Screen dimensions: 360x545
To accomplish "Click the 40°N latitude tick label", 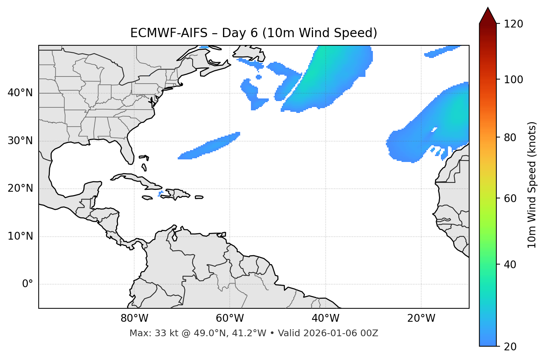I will tap(20, 93).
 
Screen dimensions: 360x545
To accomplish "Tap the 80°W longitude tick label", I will tap(134, 318).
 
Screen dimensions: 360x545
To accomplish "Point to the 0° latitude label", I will tap(28, 284).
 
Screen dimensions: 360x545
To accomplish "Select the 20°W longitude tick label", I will tap(421, 318).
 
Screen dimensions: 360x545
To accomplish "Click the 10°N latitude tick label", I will tap(20, 236).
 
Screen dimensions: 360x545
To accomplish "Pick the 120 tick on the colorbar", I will tap(514, 24).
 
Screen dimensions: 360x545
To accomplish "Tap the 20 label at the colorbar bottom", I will tap(510, 347).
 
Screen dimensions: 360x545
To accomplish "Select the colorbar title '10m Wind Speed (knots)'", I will tap(532, 185).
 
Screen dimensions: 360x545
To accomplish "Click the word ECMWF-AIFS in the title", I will tap(168, 33).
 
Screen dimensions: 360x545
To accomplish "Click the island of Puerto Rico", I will tap(199, 197).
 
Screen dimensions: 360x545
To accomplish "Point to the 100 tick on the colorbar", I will tap(514, 80).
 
